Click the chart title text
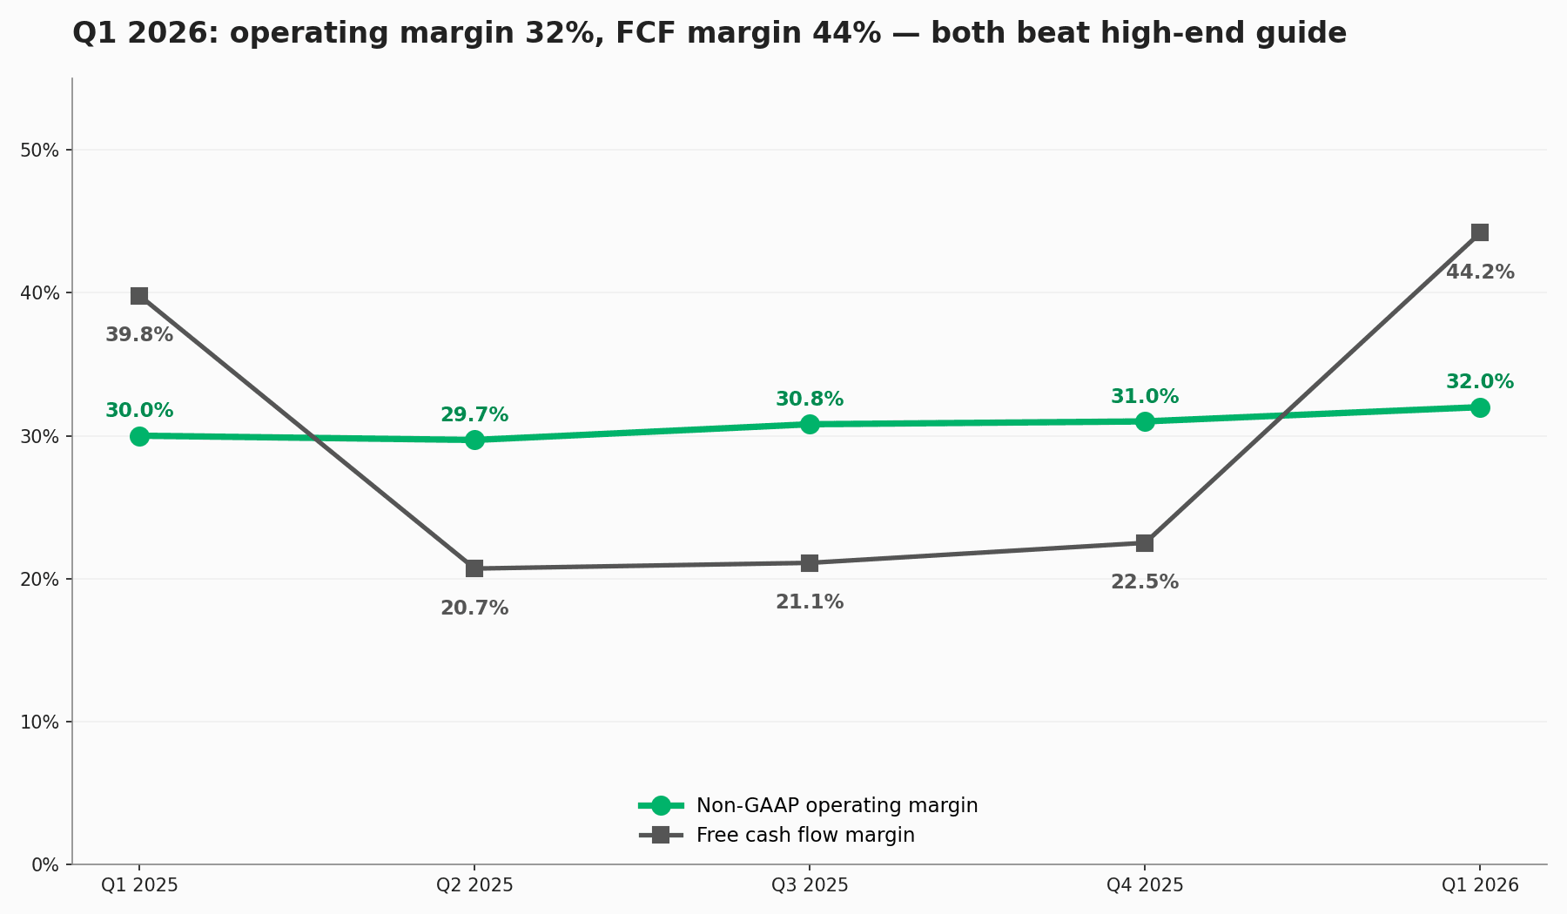click(x=709, y=34)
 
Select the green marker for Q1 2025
click(x=139, y=436)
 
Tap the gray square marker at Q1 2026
click(x=1480, y=232)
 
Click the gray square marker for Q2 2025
click(x=474, y=568)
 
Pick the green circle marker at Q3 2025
click(x=810, y=424)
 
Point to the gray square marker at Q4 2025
click(x=1145, y=543)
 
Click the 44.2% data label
click(x=1480, y=272)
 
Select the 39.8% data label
click(x=139, y=335)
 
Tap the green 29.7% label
click(x=474, y=415)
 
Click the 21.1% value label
click(x=810, y=602)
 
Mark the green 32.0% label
click(x=1480, y=382)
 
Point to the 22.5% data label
click(x=1145, y=582)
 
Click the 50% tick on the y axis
click(x=39, y=151)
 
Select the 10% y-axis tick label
click(x=39, y=722)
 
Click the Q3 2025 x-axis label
click(x=810, y=885)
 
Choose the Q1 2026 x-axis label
click(x=1480, y=885)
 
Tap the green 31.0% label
click(x=1145, y=397)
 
